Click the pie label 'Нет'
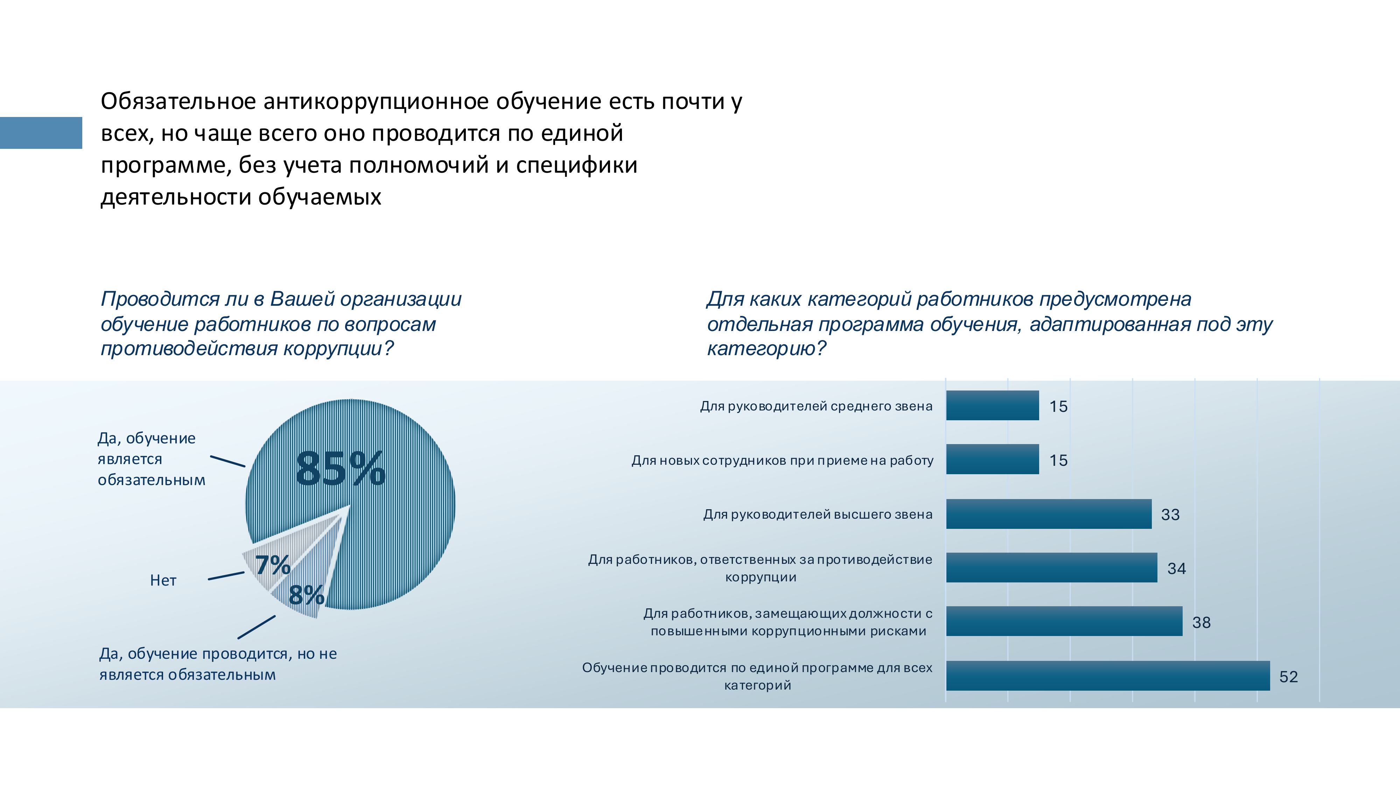point(163,581)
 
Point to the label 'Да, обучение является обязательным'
point(151,459)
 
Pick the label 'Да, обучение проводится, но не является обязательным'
point(217,664)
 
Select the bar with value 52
point(1108,676)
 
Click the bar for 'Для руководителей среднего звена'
point(992,406)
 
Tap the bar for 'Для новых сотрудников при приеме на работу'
point(992,459)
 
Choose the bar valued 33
point(1048,514)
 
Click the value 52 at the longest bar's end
point(1288,677)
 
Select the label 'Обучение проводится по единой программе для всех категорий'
point(757,676)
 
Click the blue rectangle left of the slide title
point(41,133)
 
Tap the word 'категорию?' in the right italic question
point(766,348)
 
